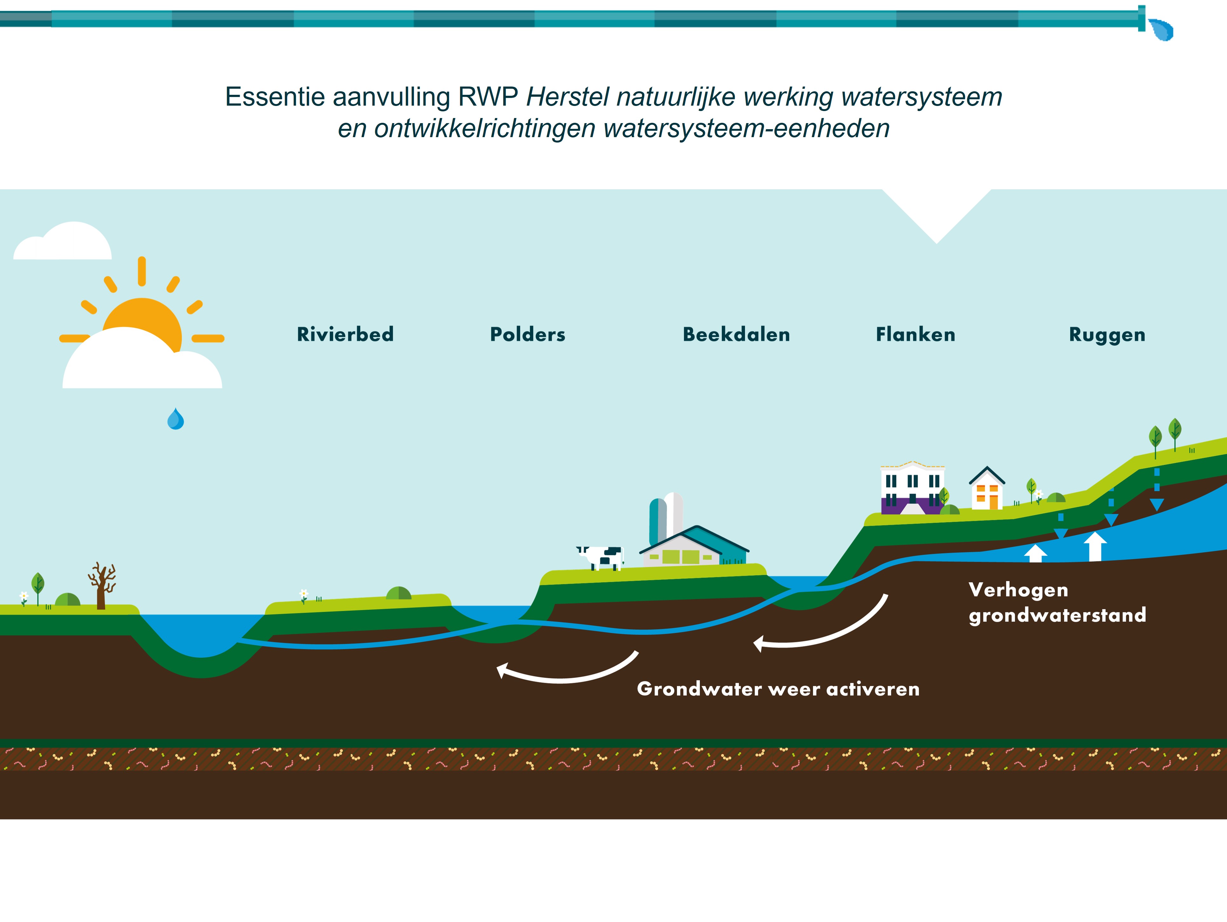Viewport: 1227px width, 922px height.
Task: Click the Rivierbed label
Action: [x=345, y=334]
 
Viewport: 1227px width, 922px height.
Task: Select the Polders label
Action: [x=527, y=334]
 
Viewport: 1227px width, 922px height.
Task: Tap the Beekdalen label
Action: [x=736, y=334]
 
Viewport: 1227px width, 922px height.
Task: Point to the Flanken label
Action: [x=915, y=334]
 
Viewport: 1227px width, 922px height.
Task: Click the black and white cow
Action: [x=602, y=557]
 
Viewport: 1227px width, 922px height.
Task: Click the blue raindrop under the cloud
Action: [x=175, y=420]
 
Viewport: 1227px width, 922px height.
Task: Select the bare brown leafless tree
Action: [x=101, y=586]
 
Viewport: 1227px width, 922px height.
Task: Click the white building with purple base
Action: [x=911, y=488]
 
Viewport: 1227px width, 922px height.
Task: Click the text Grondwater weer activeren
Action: [x=778, y=689]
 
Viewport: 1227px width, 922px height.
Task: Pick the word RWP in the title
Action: [x=487, y=97]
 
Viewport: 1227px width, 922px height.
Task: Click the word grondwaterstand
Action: [x=1057, y=615]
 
